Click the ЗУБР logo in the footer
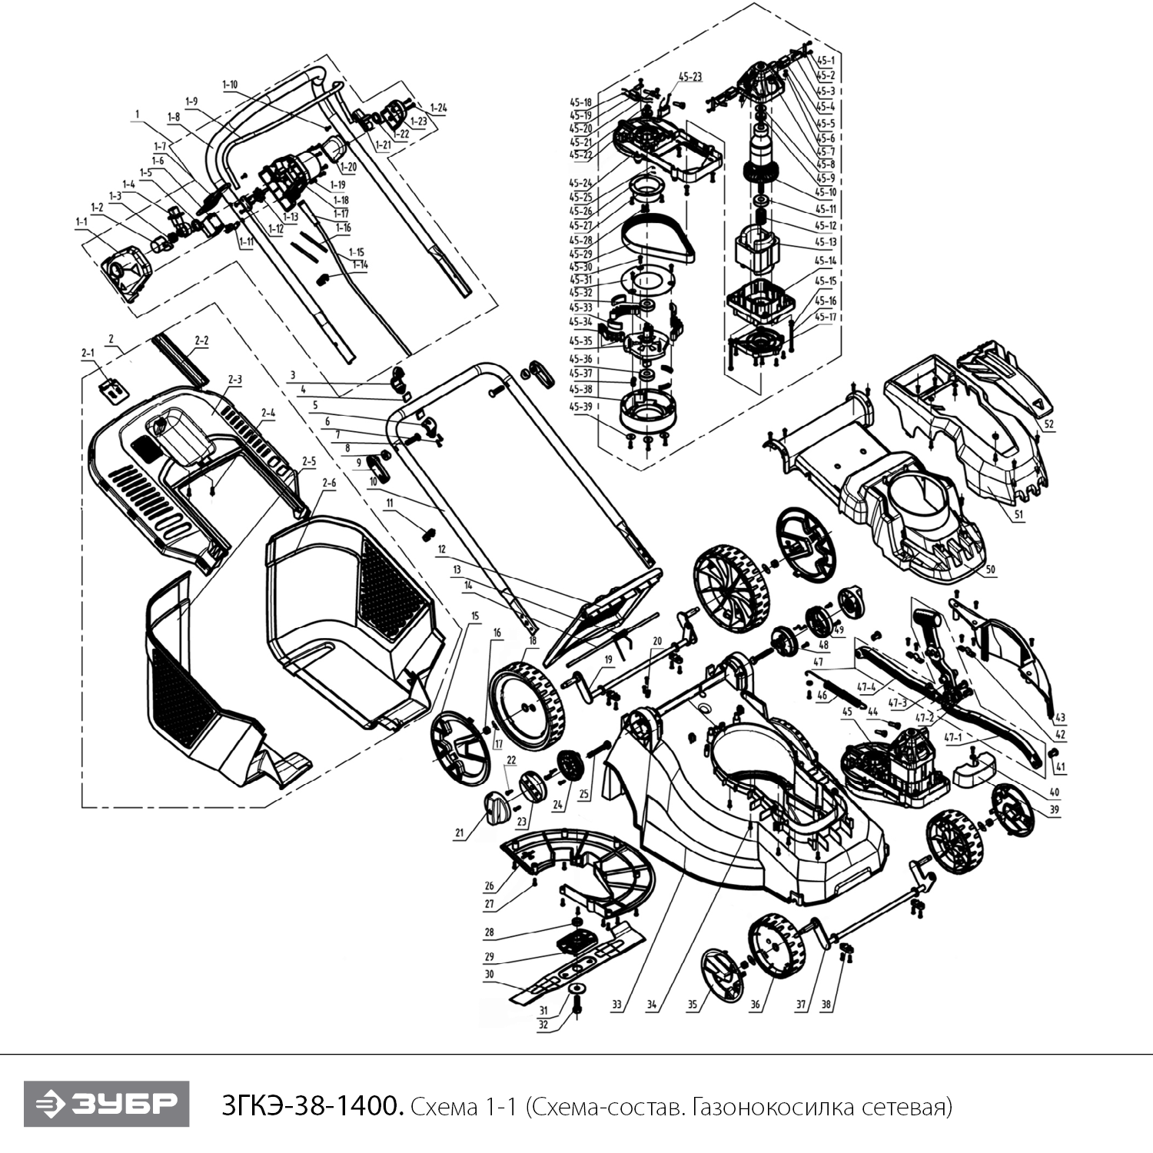106,1105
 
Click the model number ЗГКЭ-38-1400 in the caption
311,1107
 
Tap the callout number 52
1049,424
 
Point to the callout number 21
460,833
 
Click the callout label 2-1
88,353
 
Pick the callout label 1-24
437,108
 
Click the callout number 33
616,1005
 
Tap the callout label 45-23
689,76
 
